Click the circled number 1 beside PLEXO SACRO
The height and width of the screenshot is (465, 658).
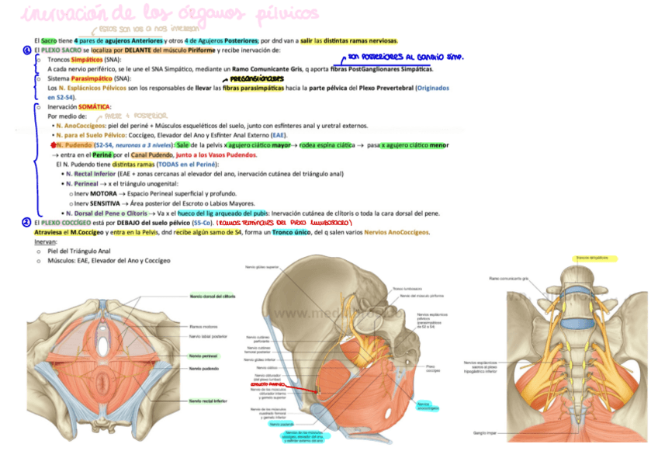[26, 50]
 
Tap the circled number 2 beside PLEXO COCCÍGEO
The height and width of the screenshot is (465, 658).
[26, 222]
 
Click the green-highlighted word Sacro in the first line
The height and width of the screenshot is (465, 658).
[48, 40]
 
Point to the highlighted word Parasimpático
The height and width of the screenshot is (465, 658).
[91, 78]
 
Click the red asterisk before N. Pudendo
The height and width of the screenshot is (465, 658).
[51, 144]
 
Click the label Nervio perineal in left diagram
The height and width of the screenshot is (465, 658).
[203, 355]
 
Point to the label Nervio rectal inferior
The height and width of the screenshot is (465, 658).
[208, 401]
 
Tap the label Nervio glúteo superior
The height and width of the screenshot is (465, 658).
[261, 267]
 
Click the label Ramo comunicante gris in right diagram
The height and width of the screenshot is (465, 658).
[509, 277]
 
